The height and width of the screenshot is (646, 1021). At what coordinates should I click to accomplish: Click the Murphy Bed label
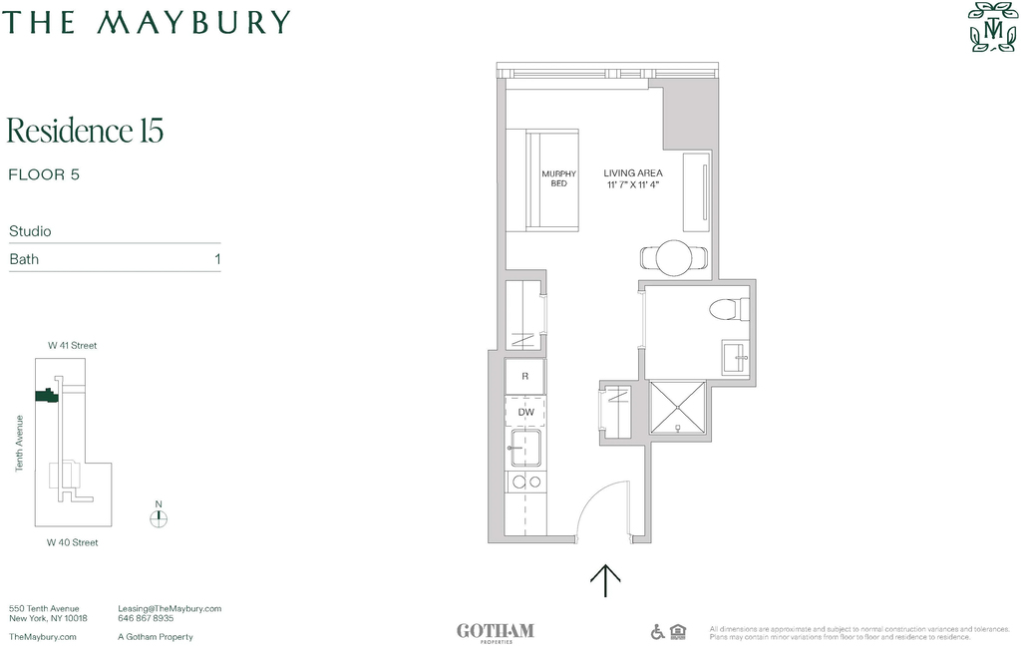pyautogui.click(x=558, y=178)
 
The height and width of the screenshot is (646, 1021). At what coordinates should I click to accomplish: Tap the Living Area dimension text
pyautogui.click(x=633, y=185)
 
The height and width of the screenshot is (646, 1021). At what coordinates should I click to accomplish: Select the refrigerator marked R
pyautogui.click(x=524, y=377)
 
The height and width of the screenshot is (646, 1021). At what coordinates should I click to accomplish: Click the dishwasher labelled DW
pyautogui.click(x=525, y=412)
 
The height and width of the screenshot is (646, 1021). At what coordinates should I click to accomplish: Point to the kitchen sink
pyautogui.click(x=525, y=448)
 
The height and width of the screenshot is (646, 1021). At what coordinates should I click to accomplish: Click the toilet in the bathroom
pyautogui.click(x=729, y=309)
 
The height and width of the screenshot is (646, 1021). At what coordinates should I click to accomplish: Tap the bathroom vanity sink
pyautogui.click(x=735, y=357)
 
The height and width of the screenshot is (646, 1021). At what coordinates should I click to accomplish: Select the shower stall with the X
pyautogui.click(x=677, y=408)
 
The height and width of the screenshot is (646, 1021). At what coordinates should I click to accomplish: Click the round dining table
pyautogui.click(x=673, y=258)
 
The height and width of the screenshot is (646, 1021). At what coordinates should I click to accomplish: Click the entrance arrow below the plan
pyautogui.click(x=605, y=580)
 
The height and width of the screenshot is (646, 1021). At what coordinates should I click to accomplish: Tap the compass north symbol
pyautogui.click(x=159, y=518)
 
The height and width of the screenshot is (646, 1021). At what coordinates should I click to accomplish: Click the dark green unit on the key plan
pyautogui.click(x=46, y=395)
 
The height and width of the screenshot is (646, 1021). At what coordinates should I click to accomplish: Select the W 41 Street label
pyautogui.click(x=72, y=346)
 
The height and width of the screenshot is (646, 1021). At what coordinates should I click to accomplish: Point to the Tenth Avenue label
pyautogui.click(x=20, y=444)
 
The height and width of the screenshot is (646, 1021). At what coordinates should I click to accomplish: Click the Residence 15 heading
pyautogui.click(x=85, y=131)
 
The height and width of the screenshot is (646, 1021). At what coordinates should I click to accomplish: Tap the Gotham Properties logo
pyautogui.click(x=496, y=632)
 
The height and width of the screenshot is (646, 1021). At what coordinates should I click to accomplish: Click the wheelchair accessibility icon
pyautogui.click(x=658, y=631)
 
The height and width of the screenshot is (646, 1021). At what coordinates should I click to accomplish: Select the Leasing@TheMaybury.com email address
pyautogui.click(x=170, y=609)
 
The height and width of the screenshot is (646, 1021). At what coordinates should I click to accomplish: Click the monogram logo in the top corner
pyautogui.click(x=992, y=27)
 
